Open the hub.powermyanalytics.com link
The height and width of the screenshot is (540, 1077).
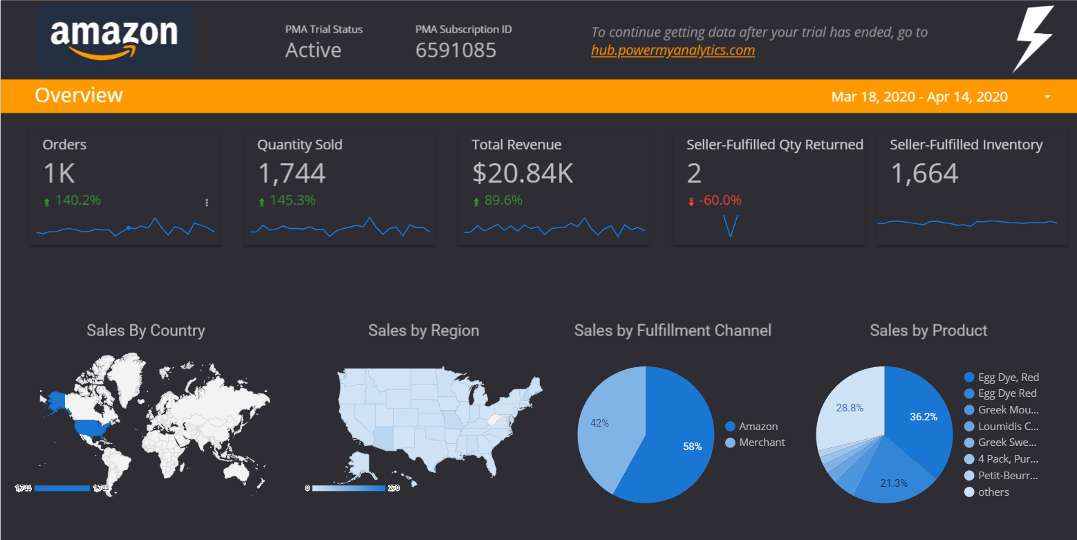tap(673, 50)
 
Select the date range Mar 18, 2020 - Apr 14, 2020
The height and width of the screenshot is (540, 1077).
tap(919, 97)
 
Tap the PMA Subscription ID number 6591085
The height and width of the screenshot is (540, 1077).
tap(456, 50)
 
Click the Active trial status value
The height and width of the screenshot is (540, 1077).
tap(313, 50)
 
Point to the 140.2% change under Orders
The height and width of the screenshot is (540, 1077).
tap(77, 201)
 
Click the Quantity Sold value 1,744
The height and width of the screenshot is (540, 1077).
tap(291, 174)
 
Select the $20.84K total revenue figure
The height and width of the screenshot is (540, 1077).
tap(523, 174)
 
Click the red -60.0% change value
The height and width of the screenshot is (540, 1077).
tap(720, 201)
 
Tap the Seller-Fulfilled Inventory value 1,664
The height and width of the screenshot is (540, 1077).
tap(924, 174)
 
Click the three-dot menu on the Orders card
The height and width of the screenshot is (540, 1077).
tap(207, 203)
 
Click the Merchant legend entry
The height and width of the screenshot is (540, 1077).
tap(762, 443)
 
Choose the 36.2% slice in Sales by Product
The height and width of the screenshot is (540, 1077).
tap(919, 415)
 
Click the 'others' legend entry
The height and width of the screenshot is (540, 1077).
tap(993, 492)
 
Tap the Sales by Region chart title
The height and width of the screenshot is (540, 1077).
tap(423, 330)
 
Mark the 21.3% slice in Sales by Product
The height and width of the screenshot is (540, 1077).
tap(892, 477)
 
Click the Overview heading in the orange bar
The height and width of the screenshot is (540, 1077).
tap(79, 95)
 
